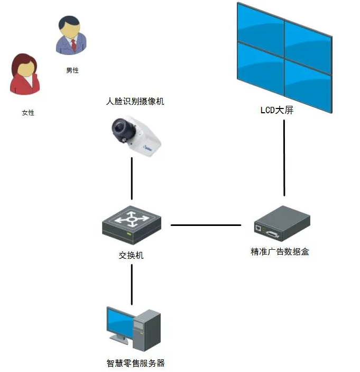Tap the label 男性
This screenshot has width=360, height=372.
pyautogui.click(x=72, y=70)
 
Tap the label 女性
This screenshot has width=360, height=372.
pyautogui.click(x=28, y=112)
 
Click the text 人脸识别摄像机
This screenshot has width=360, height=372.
pyautogui.click(x=135, y=101)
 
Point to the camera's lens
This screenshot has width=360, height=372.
pyautogui.click(x=119, y=127)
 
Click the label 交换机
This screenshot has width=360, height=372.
pyautogui.click(x=131, y=255)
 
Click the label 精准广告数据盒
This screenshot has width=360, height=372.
pyautogui.click(x=280, y=251)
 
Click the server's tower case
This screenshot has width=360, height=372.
pyautogui.click(x=146, y=330)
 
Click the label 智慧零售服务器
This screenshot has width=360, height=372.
pyautogui.click(x=135, y=363)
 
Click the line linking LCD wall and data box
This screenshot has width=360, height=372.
pyautogui.click(x=284, y=159)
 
